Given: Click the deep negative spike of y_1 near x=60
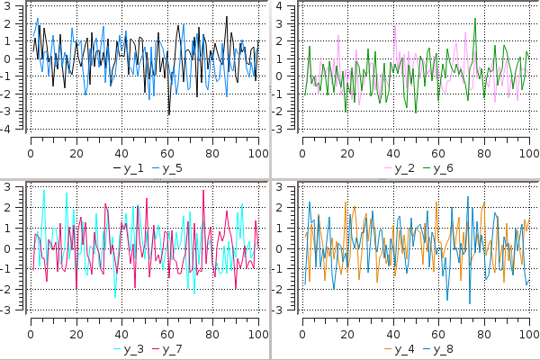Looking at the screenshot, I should click(168, 115).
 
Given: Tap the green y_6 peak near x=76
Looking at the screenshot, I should click(474, 18).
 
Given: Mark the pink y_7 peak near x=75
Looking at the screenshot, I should click(202, 192).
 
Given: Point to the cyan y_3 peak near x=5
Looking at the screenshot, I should click(43, 191).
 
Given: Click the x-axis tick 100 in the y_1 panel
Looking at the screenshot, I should click(258, 152).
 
